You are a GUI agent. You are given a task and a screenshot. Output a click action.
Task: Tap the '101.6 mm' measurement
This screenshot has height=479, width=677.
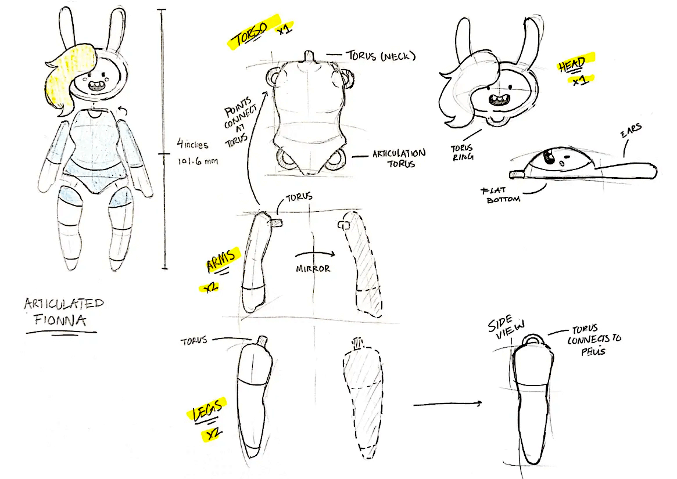pos(198,161)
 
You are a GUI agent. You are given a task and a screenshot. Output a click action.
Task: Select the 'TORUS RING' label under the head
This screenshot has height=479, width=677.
pos(463,152)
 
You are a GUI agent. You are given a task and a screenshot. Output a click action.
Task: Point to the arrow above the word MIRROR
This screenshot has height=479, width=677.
pos(315,254)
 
